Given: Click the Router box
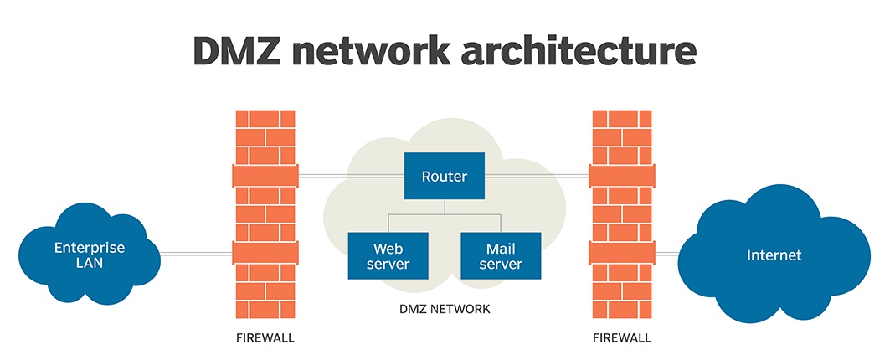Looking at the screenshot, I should coord(444,176).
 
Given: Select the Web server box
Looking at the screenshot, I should coord(388,256).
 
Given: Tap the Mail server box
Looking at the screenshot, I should coord(501,256).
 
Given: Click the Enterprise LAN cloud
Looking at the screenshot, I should coord(89,255).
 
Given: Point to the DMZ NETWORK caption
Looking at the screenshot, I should coord(445,309).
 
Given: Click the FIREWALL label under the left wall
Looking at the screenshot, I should coord(265,338).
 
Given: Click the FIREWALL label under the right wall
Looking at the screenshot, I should coord(621,338).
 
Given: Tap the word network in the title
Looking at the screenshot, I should coord(391,51).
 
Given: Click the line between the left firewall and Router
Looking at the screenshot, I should coord(352,176).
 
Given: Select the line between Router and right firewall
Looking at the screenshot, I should coord(536,176).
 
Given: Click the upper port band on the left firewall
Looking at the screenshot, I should coord(265,176).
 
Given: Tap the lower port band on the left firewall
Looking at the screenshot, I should coord(265,253).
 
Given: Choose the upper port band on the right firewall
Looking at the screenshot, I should coord(621,176).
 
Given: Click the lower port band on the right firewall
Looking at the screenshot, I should coord(621,253).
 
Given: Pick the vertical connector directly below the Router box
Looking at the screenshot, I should coord(445,207).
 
